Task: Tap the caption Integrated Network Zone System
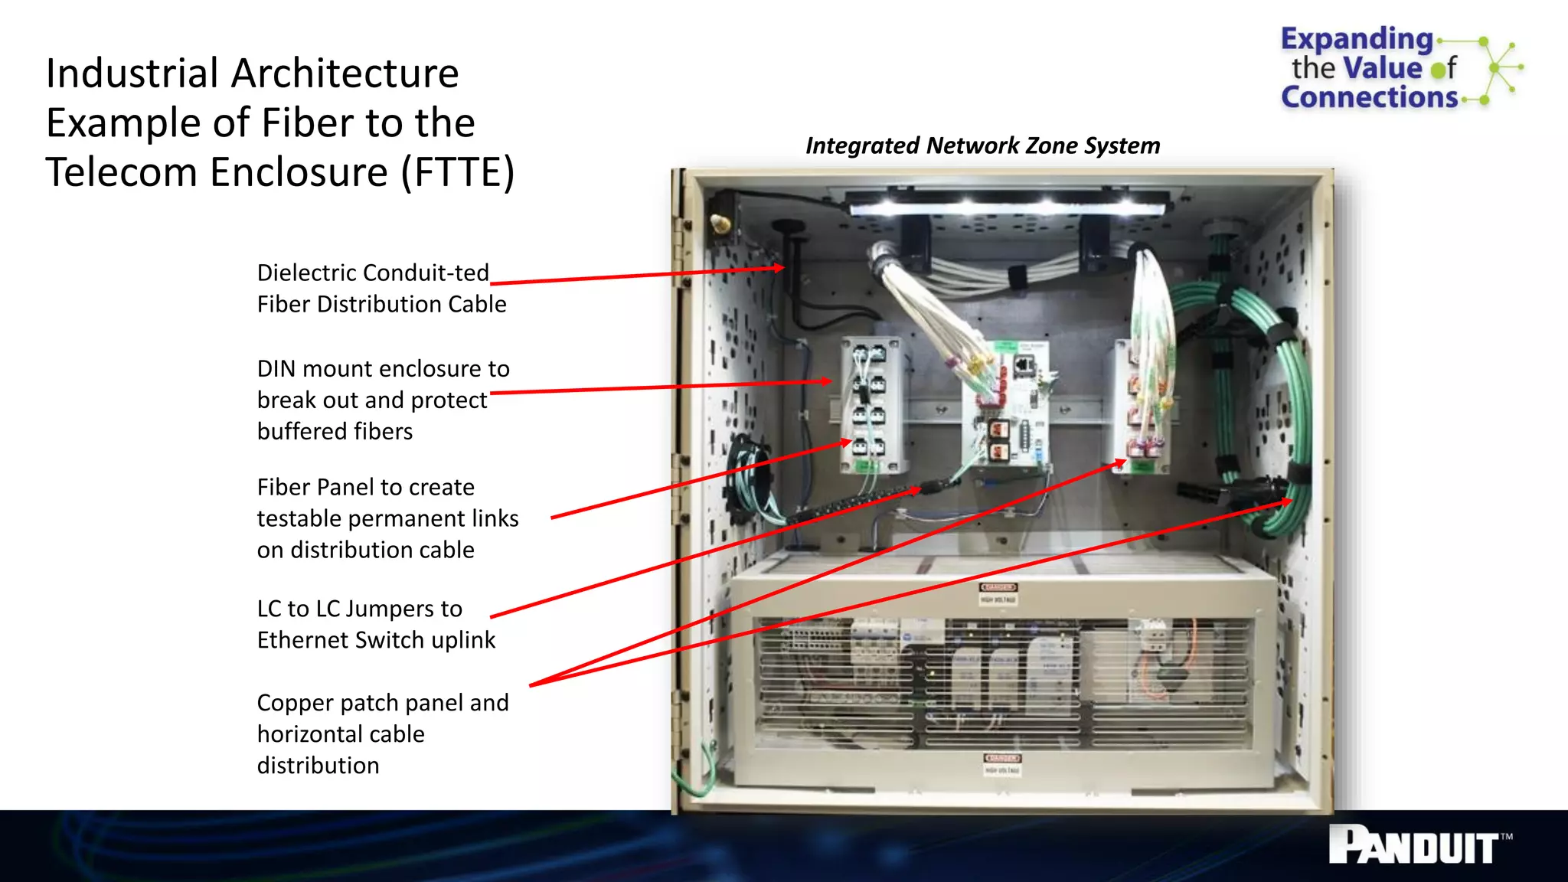tap(982, 145)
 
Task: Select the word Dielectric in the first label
tap(306, 273)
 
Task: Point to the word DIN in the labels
tap(276, 369)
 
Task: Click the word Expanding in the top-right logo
tap(1356, 38)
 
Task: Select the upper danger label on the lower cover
tap(998, 588)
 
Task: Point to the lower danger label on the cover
tap(1001, 759)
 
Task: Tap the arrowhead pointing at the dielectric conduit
tap(779, 268)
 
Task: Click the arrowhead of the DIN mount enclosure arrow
tap(826, 381)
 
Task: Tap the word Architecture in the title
tap(345, 74)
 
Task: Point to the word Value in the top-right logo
tap(1383, 68)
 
